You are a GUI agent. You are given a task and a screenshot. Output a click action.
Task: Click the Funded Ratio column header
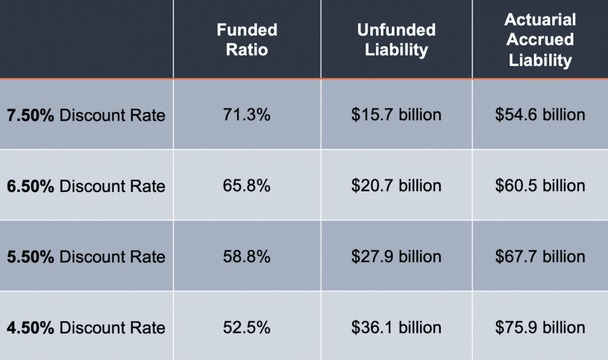point(247,39)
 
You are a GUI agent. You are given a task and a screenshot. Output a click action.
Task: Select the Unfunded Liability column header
point(396,39)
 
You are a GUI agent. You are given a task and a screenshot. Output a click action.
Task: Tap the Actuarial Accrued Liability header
point(540,39)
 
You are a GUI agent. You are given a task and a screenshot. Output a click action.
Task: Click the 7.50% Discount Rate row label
point(86,115)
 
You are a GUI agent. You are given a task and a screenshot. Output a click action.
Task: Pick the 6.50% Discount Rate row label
point(86,186)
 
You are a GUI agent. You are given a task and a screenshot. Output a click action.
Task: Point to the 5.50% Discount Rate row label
point(86,257)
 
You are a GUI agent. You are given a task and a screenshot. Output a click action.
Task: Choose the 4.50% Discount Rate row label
point(86,327)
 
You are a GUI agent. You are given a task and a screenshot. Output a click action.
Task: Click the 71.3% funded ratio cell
point(247,115)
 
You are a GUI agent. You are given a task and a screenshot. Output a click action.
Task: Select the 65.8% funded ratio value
point(247,185)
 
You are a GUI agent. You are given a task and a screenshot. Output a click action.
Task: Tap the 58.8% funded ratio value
point(247,257)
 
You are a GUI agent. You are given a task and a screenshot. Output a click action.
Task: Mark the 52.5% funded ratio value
point(247,327)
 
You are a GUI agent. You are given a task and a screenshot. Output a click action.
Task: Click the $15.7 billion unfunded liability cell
point(396,115)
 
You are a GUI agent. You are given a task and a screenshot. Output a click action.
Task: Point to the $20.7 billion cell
point(396,185)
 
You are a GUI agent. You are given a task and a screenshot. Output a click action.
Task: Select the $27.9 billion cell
point(396,257)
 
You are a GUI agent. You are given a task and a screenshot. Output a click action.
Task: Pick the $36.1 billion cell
point(396,327)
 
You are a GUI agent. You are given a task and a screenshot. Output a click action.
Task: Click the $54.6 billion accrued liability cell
point(540,115)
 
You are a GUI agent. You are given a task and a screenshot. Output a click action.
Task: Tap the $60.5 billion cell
point(540,185)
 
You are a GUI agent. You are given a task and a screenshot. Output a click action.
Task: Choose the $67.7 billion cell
point(540,257)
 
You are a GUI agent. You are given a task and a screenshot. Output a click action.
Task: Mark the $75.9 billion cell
point(540,327)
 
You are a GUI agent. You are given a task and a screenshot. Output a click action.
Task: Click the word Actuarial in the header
point(540,20)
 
